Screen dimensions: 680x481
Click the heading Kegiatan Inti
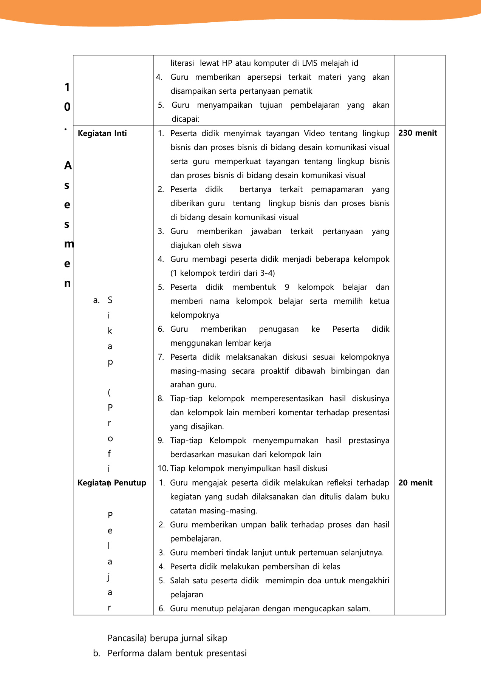[102, 133]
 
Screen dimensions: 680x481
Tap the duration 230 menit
[418, 133]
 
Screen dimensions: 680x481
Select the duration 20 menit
[415, 483]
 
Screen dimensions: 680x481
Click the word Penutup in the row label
[130, 483]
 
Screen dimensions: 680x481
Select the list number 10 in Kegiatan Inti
[162, 468]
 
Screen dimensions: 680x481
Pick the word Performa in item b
[126, 653]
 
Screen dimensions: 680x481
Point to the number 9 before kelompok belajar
[287, 287]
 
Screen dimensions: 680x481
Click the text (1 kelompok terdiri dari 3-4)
[223, 273]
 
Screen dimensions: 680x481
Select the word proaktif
[275, 371]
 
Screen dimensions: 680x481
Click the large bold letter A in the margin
[68, 165]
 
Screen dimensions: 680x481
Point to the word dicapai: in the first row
[185, 119]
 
